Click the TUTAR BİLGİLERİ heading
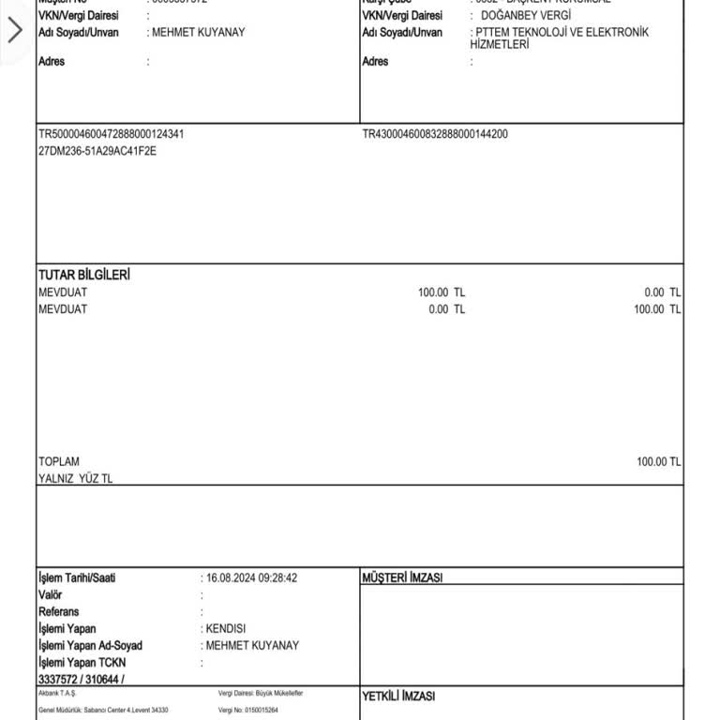click(84, 275)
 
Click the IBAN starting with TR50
click(111, 134)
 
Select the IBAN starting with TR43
click(435, 134)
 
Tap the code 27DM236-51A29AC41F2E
click(97, 151)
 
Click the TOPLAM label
click(59, 462)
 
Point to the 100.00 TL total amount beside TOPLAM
click(658, 462)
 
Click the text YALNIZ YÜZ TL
click(76, 479)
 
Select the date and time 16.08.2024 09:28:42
click(251, 578)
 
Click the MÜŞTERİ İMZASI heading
click(402, 578)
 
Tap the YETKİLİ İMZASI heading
click(398, 697)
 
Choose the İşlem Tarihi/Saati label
click(77, 578)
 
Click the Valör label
click(51, 595)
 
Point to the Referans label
click(59, 612)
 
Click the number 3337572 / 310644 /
click(82, 679)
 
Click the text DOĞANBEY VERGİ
click(525, 16)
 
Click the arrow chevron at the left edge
click(14, 31)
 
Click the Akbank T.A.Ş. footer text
click(57, 693)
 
